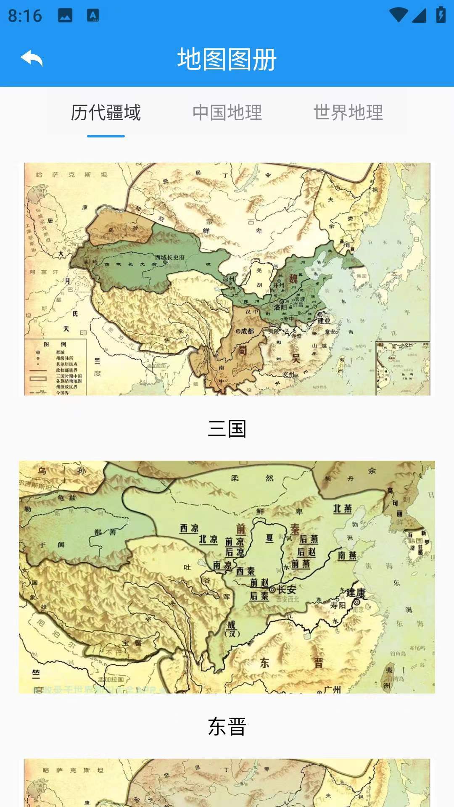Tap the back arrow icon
click(32, 58)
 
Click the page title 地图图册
click(227, 59)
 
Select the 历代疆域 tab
click(106, 113)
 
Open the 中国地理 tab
click(227, 113)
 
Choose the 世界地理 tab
click(348, 113)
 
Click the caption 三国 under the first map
click(227, 429)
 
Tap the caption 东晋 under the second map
click(227, 727)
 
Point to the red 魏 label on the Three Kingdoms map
click(293, 278)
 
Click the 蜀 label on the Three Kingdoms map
click(243, 350)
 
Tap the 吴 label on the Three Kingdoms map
click(296, 358)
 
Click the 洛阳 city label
click(280, 307)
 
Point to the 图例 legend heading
click(55, 344)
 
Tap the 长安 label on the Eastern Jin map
click(286, 589)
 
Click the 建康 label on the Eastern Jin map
click(356, 593)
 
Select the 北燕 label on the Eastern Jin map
click(342, 509)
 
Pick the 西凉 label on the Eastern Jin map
click(189, 528)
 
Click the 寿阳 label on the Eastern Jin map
click(338, 605)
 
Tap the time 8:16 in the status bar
click(25, 16)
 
